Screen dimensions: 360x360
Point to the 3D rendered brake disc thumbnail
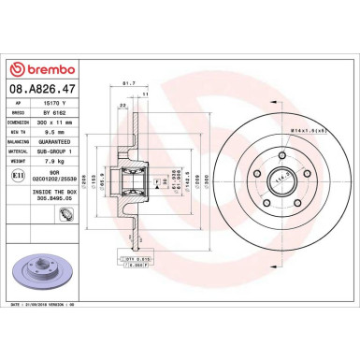coord(37,266)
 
